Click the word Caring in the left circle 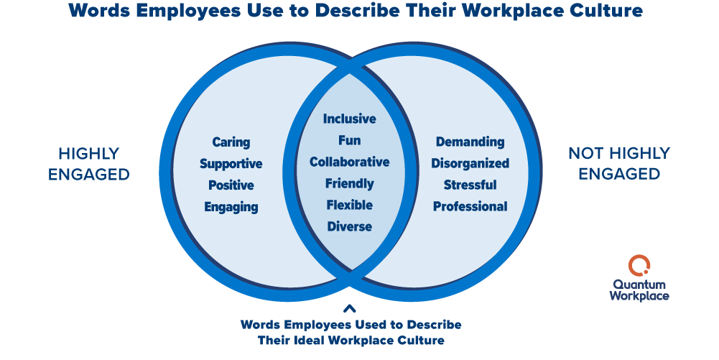pos(231,142)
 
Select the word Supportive pos(231,164)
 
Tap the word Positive pos(231,185)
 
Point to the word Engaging pos(231,207)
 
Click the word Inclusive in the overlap pos(349,119)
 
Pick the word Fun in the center pos(349,140)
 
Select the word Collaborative pos(349,162)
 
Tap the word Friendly pos(349,183)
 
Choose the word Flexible pos(349,205)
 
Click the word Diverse pos(349,226)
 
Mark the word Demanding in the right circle pos(470,142)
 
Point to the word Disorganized pos(470,164)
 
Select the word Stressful pos(470,185)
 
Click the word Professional pos(470,207)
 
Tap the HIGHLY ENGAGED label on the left pos(89,164)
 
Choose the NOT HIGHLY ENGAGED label pos(618,164)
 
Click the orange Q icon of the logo pos(639,265)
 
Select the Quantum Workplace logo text pos(639,290)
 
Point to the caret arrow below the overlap pos(350,309)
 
